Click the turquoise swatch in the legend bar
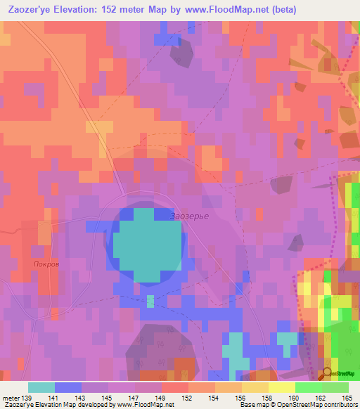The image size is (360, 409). [41, 387]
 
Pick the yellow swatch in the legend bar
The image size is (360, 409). [282, 387]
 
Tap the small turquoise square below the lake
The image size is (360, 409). [150, 301]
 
